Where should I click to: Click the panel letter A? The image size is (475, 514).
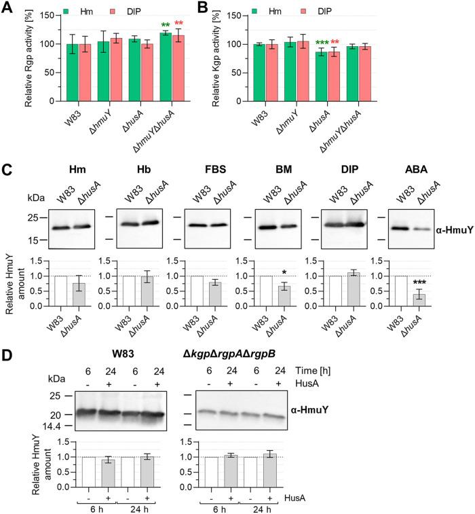pos(7,8)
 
